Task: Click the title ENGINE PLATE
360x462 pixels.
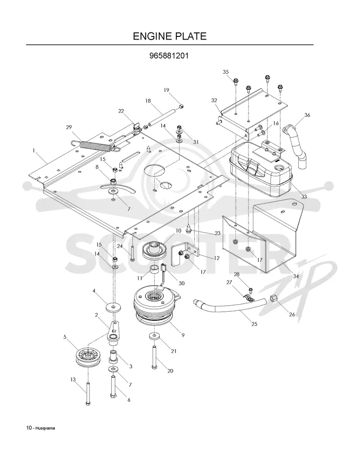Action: pos(170,36)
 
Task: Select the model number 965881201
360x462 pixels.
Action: pos(169,56)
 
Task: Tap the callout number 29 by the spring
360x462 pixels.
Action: pos(69,127)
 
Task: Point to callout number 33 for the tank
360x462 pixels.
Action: pos(304,196)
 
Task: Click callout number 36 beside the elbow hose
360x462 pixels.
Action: pos(307,115)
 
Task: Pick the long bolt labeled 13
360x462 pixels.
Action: pos(88,393)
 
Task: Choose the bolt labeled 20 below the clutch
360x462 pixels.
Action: pos(154,357)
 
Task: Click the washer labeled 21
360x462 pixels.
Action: pos(154,336)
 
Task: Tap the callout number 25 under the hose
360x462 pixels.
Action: pos(254,324)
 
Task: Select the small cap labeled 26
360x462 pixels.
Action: pos(273,299)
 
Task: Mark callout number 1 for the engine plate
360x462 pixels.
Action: pos(34,150)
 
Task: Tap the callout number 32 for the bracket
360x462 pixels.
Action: pos(214,100)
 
